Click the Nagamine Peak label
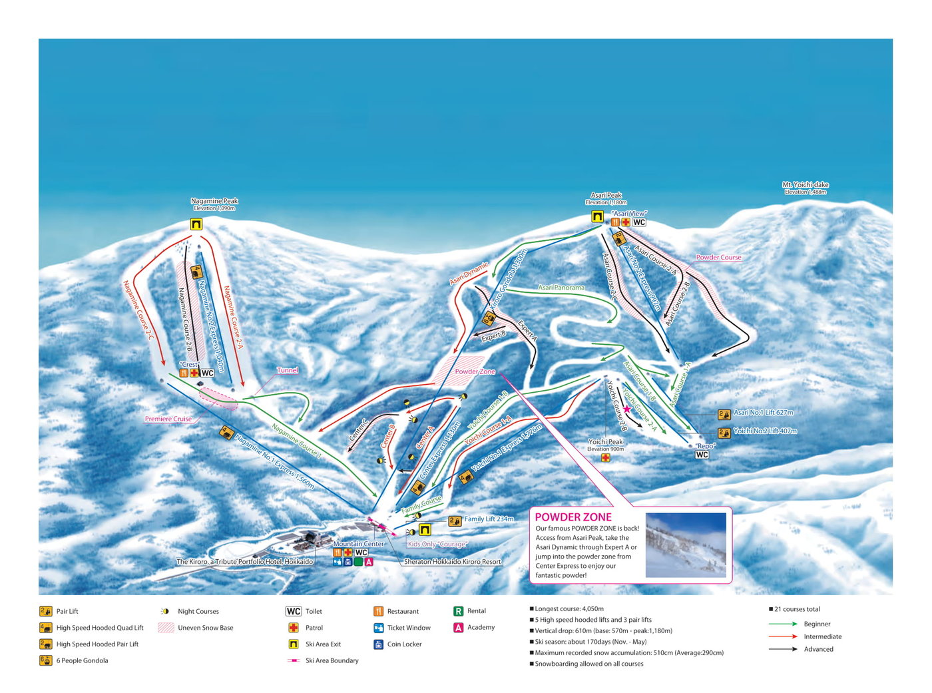(214, 201)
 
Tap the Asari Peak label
(606, 196)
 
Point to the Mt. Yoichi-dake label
(806, 185)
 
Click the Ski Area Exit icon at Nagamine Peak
(196, 224)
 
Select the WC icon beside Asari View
(639, 222)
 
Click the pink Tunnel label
(288, 370)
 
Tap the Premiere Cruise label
(168, 419)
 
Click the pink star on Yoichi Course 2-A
(626, 409)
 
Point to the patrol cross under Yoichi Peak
(605, 457)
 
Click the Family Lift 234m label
(489, 519)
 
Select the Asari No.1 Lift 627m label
(763, 413)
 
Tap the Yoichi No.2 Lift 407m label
(765, 431)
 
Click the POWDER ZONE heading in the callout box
(573, 517)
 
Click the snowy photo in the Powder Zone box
(686, 545)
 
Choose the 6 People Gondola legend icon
(46, 660)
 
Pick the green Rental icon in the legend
(458, 611)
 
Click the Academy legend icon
(458, 628)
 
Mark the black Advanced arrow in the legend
(783, 649)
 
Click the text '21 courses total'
(797, 609)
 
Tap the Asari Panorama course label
(561, 288)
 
